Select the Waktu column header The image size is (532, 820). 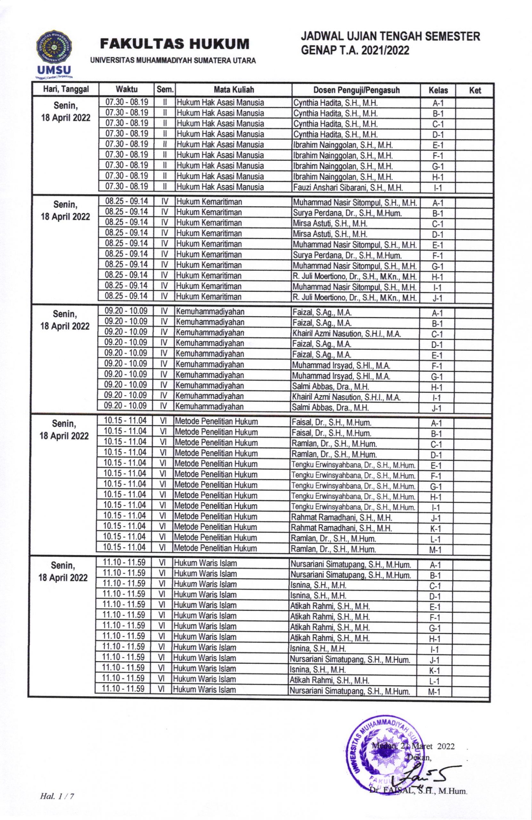127,90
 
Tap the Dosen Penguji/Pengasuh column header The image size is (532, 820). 356,90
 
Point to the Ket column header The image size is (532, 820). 475,91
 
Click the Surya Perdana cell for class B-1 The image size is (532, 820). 347,213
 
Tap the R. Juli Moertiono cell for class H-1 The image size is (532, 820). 355,277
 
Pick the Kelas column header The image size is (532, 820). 438,91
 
